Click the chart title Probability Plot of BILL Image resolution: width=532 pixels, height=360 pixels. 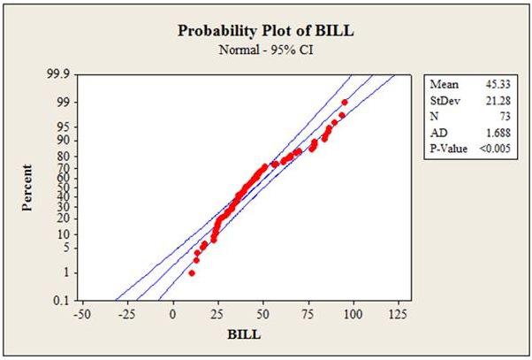[264, 29]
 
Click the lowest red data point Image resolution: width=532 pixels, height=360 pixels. [192, 273]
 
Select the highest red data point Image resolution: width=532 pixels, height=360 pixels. [344, 103]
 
